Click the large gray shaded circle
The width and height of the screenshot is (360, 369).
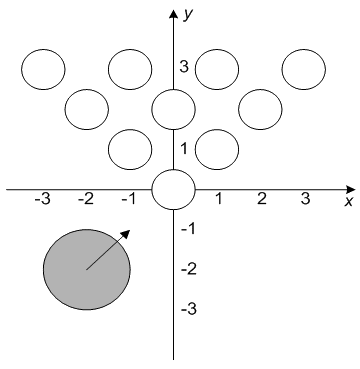87,269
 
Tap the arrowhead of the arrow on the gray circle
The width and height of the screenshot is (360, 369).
125,234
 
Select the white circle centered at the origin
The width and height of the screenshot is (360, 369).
173,189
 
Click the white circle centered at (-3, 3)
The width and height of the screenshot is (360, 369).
43,69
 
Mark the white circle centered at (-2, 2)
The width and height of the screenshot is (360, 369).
87,109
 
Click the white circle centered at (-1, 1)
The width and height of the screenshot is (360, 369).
130,149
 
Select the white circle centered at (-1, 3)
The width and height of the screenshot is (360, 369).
130,69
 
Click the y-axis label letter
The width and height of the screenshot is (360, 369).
188,16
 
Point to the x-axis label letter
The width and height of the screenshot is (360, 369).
349,201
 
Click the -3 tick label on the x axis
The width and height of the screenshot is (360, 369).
42,199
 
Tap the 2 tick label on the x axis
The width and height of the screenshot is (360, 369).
262,199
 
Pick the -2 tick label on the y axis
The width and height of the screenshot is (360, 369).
189,269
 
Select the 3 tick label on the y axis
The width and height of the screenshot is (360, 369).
184,67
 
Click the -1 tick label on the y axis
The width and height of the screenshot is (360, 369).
188,229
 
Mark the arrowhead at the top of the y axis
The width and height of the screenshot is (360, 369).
173,14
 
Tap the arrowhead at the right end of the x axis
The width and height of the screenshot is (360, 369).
351,189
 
